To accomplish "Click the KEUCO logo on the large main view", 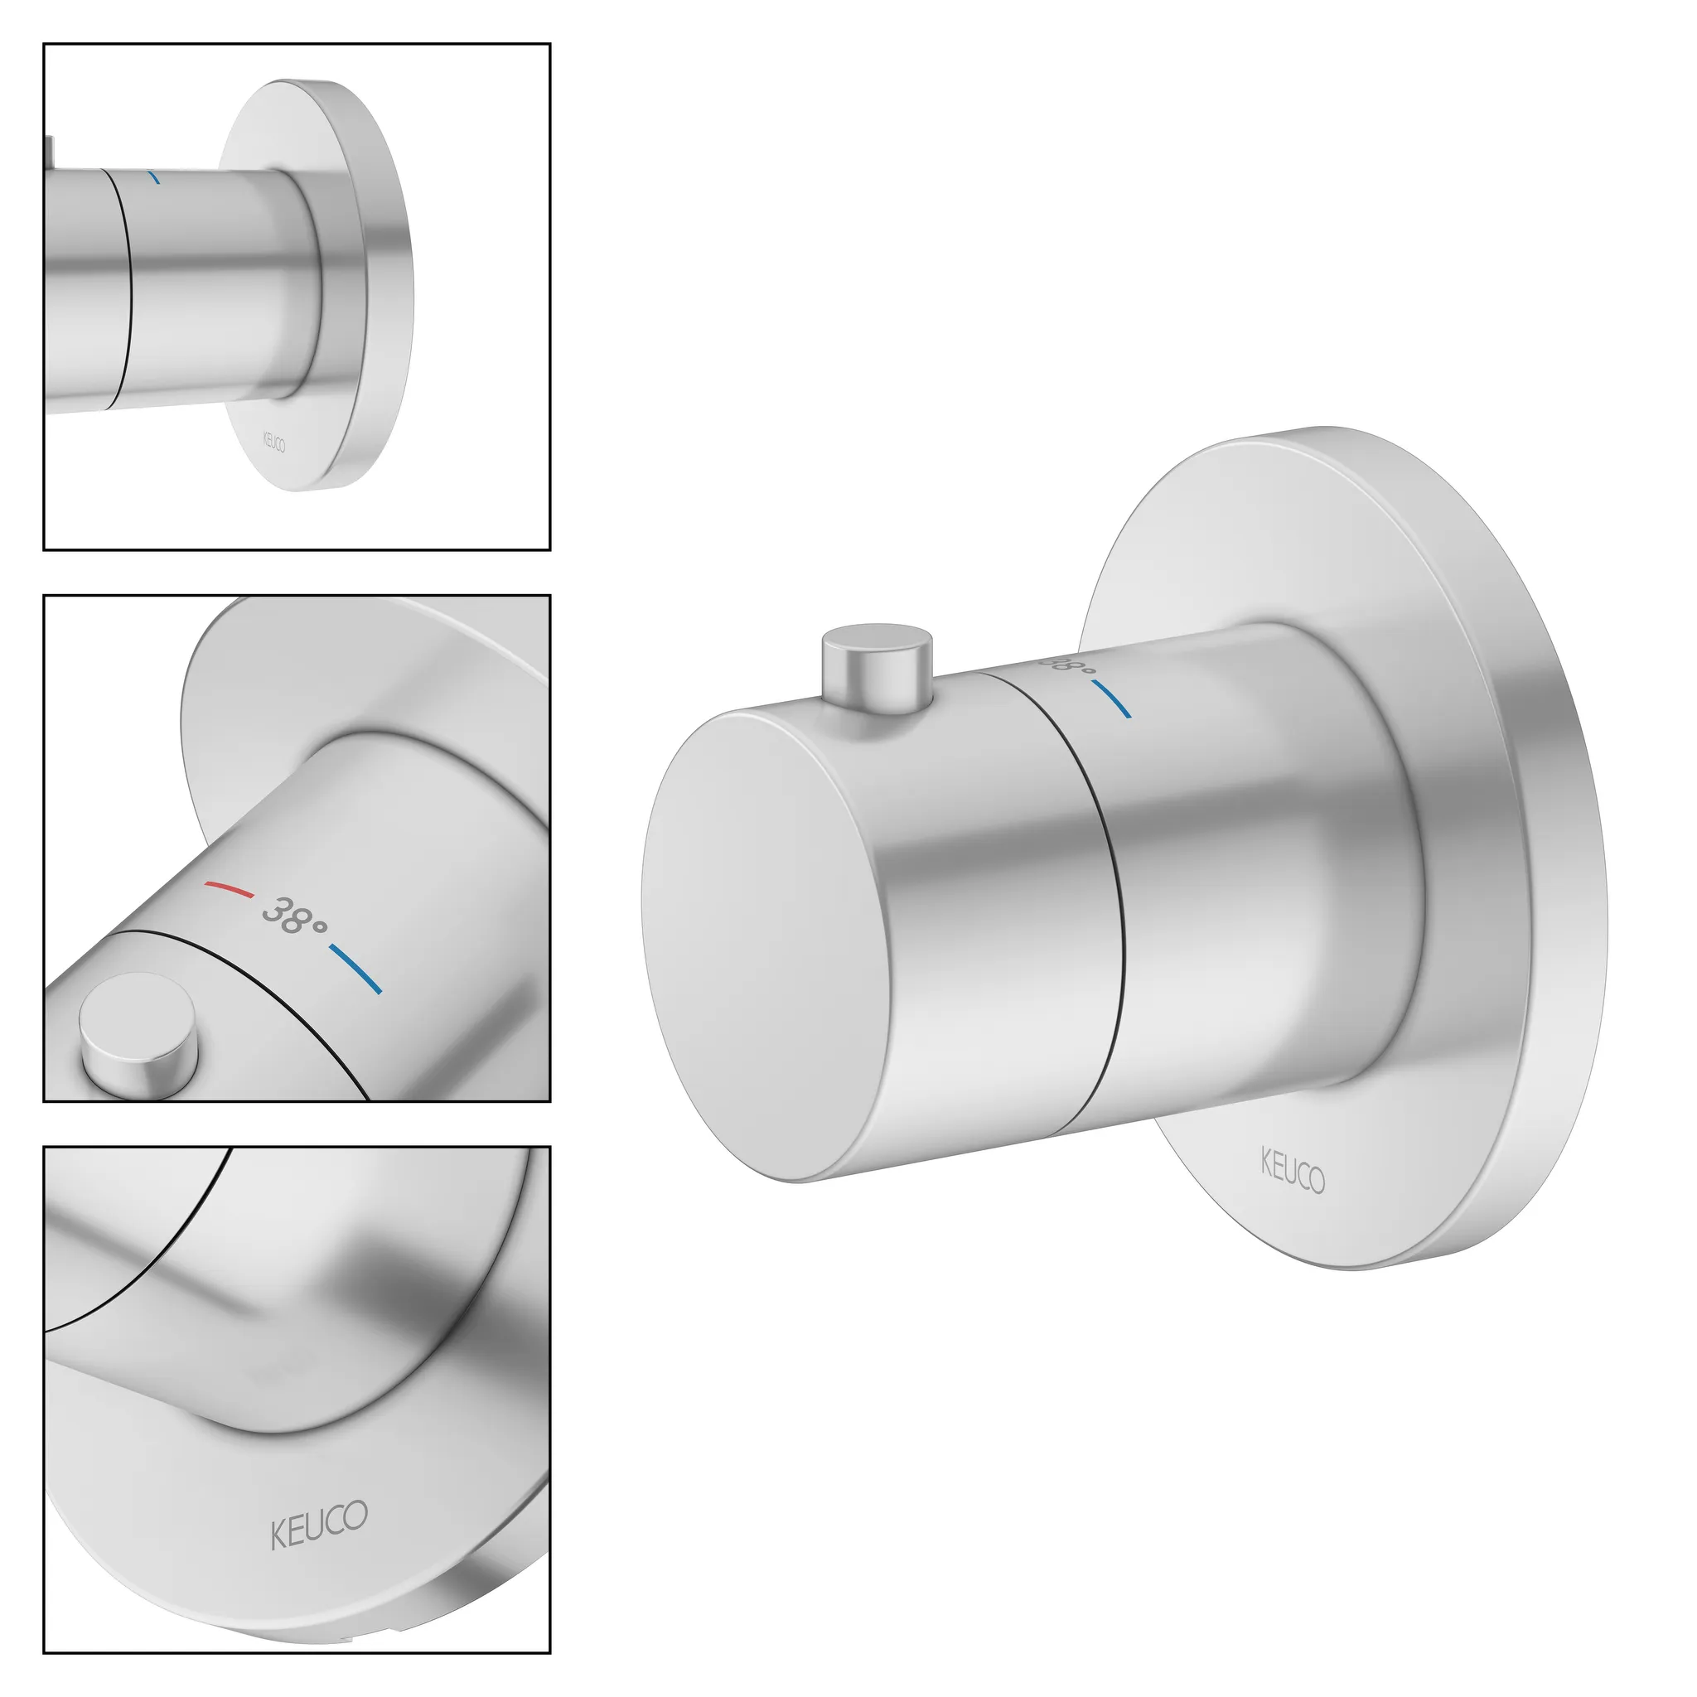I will click(1292, 1171).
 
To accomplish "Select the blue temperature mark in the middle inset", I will click(355, 968).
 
